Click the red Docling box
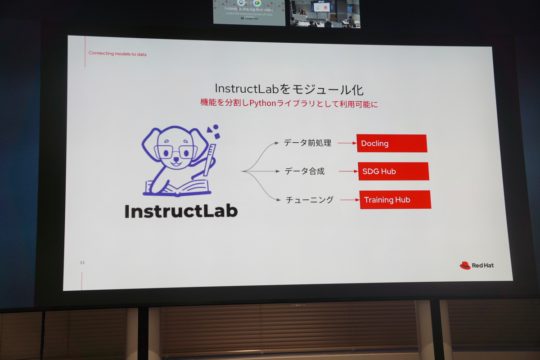391,143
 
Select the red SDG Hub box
393,171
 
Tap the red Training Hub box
395,200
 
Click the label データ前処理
307,143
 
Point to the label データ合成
305,171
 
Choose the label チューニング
310,200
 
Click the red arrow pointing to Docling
346,144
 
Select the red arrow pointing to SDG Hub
348,171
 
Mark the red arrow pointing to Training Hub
350,200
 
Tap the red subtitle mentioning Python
289,103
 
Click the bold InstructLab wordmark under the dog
181,211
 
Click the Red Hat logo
477,265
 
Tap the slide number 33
82,262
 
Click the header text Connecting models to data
117,54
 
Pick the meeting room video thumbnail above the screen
325,13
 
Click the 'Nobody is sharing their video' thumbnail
249,12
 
